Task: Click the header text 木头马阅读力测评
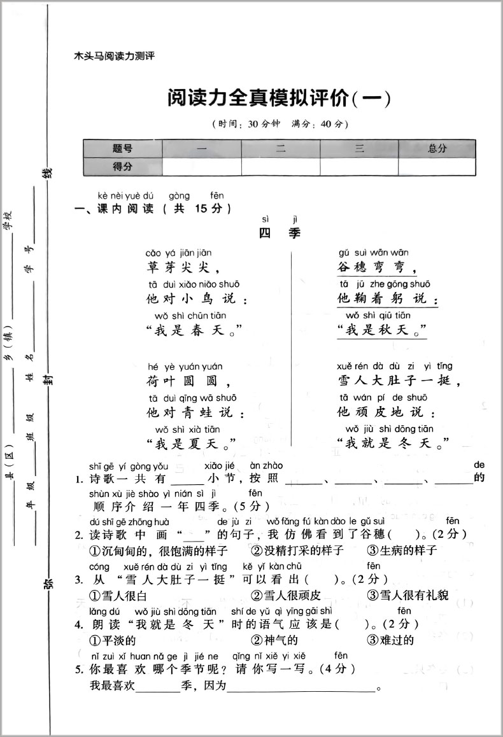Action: tap(115, 56)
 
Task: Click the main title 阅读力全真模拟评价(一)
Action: tap(278, 99)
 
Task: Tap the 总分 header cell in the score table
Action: tap(437, 148)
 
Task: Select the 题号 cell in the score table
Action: tap(123, 148)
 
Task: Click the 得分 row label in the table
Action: tap(123, 167)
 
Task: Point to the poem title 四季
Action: tap(280, 234)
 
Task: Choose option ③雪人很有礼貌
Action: tap(407, 596)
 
